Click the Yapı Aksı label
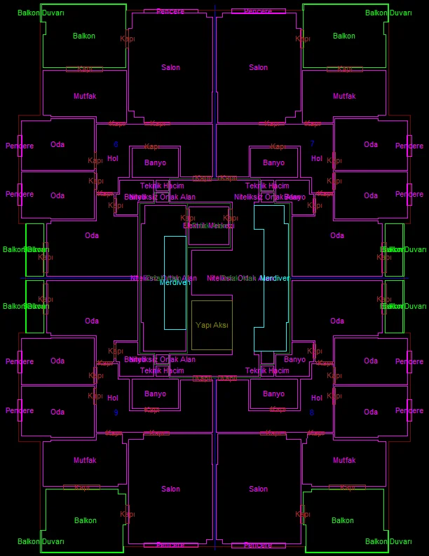click(212, 326)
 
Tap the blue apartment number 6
click(116, 144)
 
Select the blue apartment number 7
click(312, 144)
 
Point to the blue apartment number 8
click(312, 412)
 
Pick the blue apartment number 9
click(116, 412)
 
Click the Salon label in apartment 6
click(170, 68)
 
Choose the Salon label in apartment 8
click(259, 489)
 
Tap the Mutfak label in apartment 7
click(344, 96)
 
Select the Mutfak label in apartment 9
click(85, 460)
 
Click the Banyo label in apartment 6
click(155, 162)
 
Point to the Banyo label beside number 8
click(273, 394)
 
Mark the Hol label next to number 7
click(317, 159)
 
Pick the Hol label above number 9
click(113, 398)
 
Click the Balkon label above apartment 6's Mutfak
click(84, 36)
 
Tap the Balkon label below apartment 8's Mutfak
click(343, 520)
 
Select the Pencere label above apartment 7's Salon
click(258, 11)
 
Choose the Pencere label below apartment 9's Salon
click(170, 545)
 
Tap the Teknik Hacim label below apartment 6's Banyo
click(162, 186)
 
